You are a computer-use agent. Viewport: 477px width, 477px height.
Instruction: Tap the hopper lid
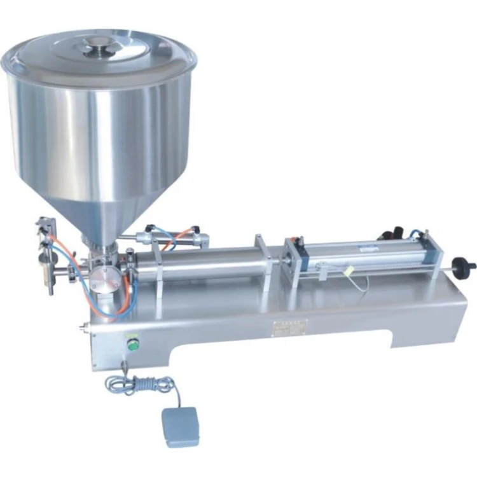tap(99, 54)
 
